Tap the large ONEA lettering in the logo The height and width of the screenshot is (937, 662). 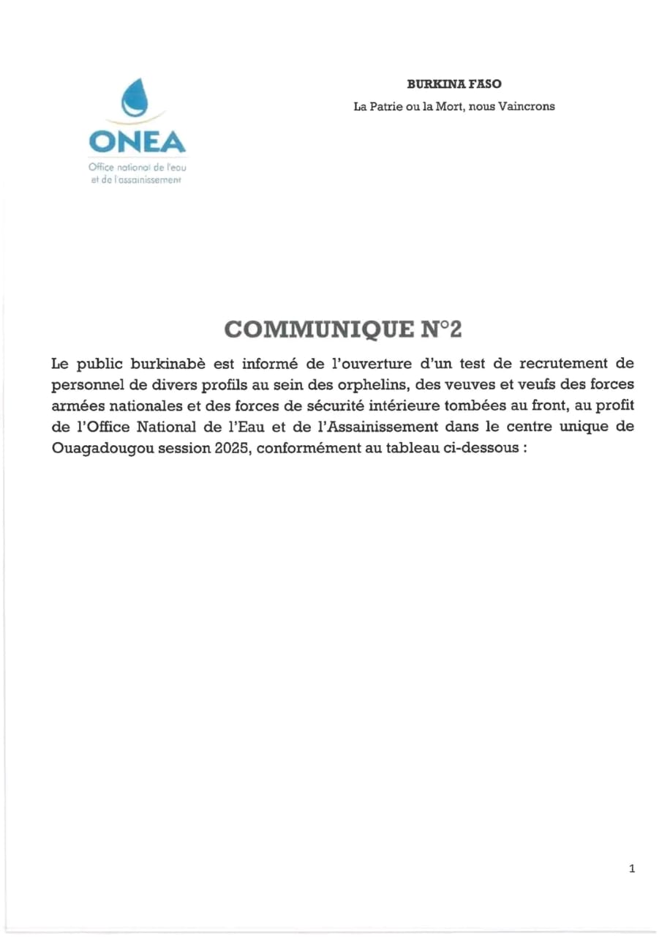point(137,141)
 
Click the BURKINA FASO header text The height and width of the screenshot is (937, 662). point(454,84)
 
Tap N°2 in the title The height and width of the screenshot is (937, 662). point(441,329)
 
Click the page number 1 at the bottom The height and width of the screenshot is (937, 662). point(632,869)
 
